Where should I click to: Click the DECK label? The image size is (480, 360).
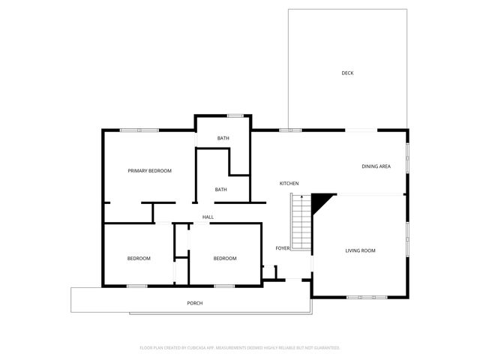point(347,73)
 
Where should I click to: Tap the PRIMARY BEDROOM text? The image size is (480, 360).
point(149,171)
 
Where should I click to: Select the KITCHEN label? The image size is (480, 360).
point(289,184)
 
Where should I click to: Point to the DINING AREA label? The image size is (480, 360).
point(376,166)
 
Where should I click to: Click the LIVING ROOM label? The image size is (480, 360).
point(360,250)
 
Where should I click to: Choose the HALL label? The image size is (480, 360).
point(208,217)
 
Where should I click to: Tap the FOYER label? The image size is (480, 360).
point(283,248)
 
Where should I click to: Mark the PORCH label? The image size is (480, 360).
point(195,303)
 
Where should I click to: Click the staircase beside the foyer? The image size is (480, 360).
point(301,223)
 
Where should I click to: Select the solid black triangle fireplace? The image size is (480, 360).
point(321,201)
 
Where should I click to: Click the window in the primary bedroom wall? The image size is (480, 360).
point(139,130)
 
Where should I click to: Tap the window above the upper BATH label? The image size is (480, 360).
point(235,115)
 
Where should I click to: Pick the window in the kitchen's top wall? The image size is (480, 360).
point(290,130)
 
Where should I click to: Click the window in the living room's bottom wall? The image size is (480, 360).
point(367,297)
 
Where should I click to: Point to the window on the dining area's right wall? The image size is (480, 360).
point(408,157)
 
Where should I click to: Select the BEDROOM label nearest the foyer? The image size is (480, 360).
point(225,259)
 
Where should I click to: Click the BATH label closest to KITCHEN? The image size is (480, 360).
point(221,190)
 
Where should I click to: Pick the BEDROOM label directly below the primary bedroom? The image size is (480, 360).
point(139,259)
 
